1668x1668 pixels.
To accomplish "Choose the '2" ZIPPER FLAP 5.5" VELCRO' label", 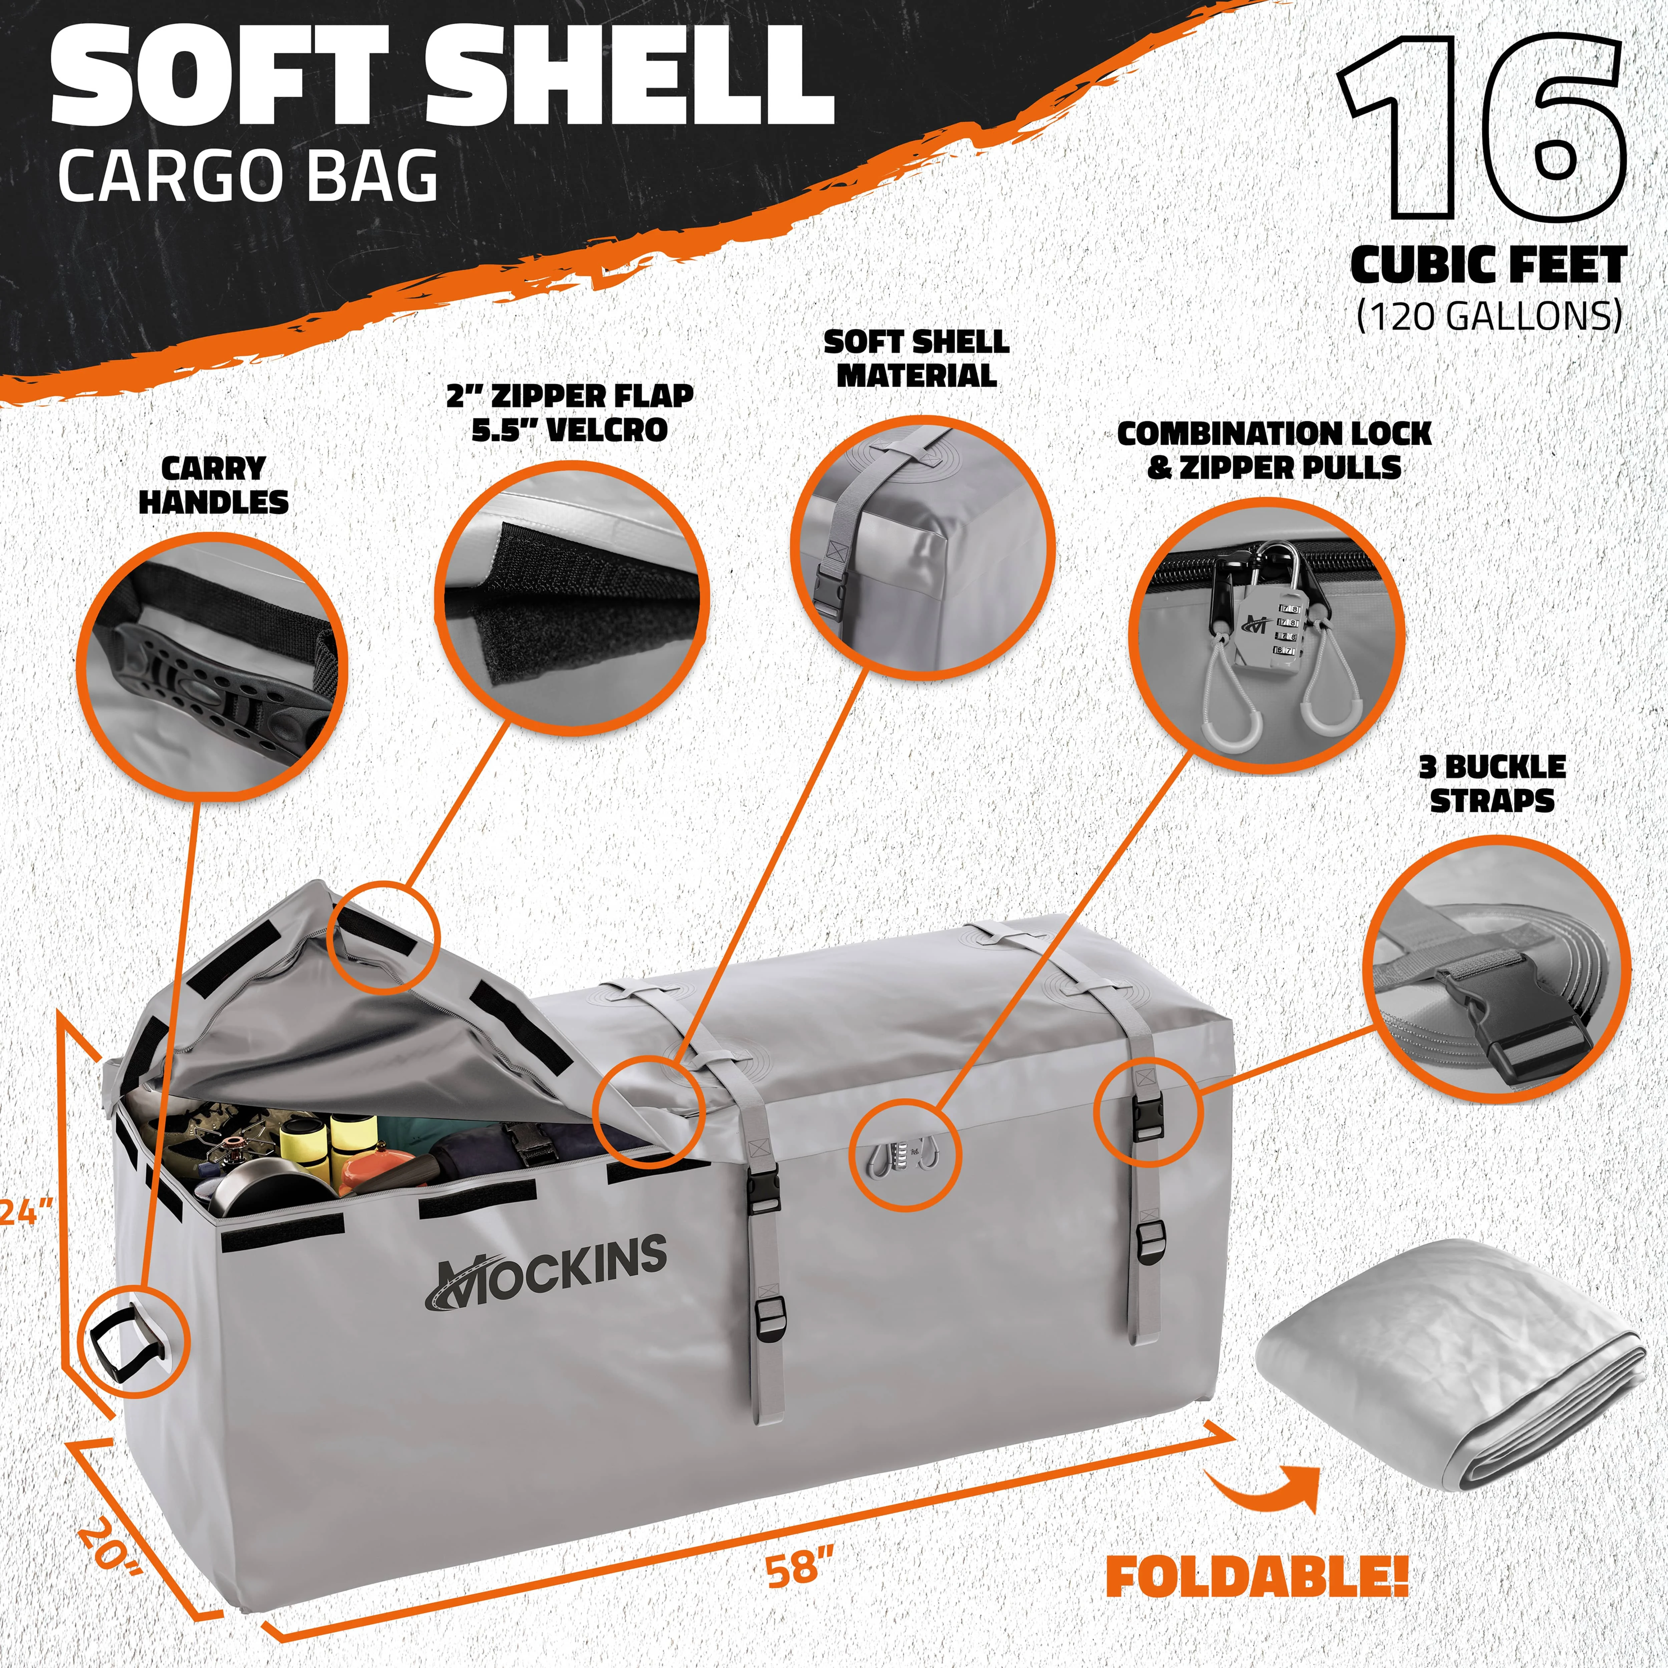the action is coord(570,413).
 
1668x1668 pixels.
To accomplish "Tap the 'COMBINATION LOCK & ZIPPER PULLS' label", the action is coord(1274,450).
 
